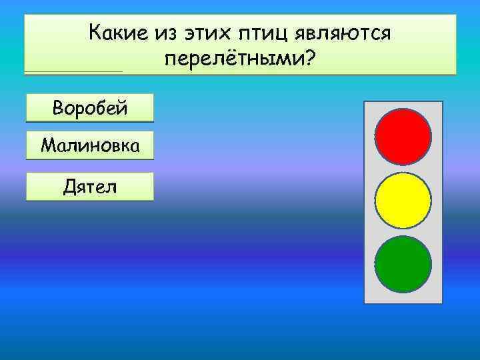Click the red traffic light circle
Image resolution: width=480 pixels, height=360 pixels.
click(403, 137)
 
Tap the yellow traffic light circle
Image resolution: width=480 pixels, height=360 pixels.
click(403, 201)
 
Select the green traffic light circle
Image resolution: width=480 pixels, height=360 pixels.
click(403, 264)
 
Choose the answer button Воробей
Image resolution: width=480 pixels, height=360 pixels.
click(89, 107)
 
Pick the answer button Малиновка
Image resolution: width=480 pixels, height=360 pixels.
click(89, 145)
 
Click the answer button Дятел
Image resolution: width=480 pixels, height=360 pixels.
click(89, 187)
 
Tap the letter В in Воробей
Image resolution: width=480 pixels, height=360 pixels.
click(55, 107)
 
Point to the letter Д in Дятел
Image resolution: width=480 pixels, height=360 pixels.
click(68, 187)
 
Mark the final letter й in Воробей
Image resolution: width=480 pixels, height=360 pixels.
click(123, 107)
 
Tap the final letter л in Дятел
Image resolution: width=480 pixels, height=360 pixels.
click(110, 187)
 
